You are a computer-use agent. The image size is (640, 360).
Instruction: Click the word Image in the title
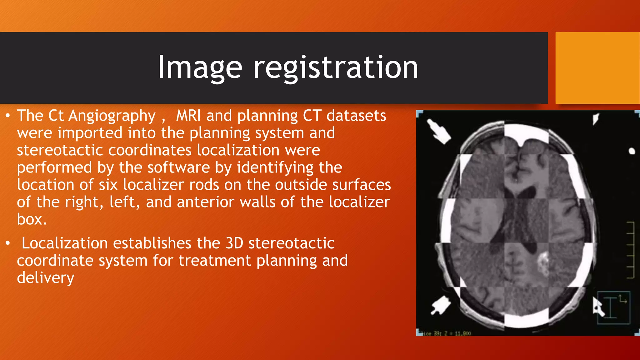coord(200,67)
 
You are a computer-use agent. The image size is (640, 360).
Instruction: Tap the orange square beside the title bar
coord(597,68)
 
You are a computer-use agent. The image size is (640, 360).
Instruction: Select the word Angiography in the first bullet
coord(112,116)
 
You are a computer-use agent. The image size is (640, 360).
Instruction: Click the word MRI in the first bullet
coord(188,116)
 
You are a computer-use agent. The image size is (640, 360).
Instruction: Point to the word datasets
coord(356,116)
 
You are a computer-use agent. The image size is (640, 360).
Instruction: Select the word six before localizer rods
coord(108,185)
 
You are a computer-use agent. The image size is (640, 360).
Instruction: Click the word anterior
coord(205,202)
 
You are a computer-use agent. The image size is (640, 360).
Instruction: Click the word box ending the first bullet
coord(32,219)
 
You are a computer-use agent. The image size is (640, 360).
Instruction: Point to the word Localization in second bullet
coord(64,243)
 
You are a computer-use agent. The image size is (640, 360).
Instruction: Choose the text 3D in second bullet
coord(234,243)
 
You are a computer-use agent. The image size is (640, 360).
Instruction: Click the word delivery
coord(46,278)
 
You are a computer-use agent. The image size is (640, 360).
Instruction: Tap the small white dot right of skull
coord(632,151)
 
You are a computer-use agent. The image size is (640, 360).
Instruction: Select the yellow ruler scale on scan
coord(630,250)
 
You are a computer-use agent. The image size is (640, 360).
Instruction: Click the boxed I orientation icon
coord(613,308)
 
